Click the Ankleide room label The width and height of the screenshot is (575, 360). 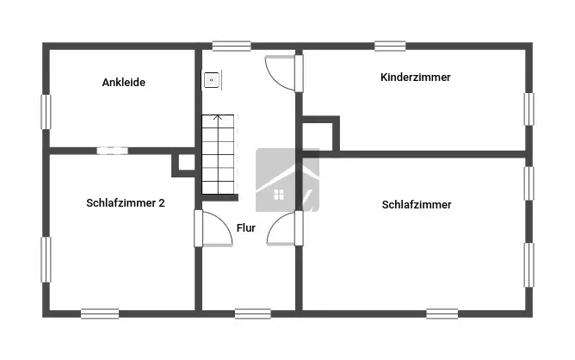pos(123,83)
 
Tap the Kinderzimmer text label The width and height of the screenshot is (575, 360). pos(415,78)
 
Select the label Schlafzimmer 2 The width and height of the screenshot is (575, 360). pos(126,203)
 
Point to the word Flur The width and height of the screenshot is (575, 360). pos(246,228)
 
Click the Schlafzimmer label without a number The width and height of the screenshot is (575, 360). pos(417,205)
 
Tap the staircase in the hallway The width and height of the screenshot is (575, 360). pos(218,154)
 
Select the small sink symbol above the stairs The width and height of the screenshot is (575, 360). pos(211,80)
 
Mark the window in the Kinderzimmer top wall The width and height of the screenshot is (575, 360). pos(390,46)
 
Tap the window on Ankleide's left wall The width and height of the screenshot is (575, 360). pos(46,111)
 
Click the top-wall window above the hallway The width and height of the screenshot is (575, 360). pos(232,46)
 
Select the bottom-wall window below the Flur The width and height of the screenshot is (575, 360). pos(252,313)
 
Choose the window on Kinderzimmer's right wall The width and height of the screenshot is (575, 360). pos(529,109)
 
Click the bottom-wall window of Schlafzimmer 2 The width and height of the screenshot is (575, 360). pos(100,313)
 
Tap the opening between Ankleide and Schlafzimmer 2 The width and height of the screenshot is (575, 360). pos(112,150)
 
